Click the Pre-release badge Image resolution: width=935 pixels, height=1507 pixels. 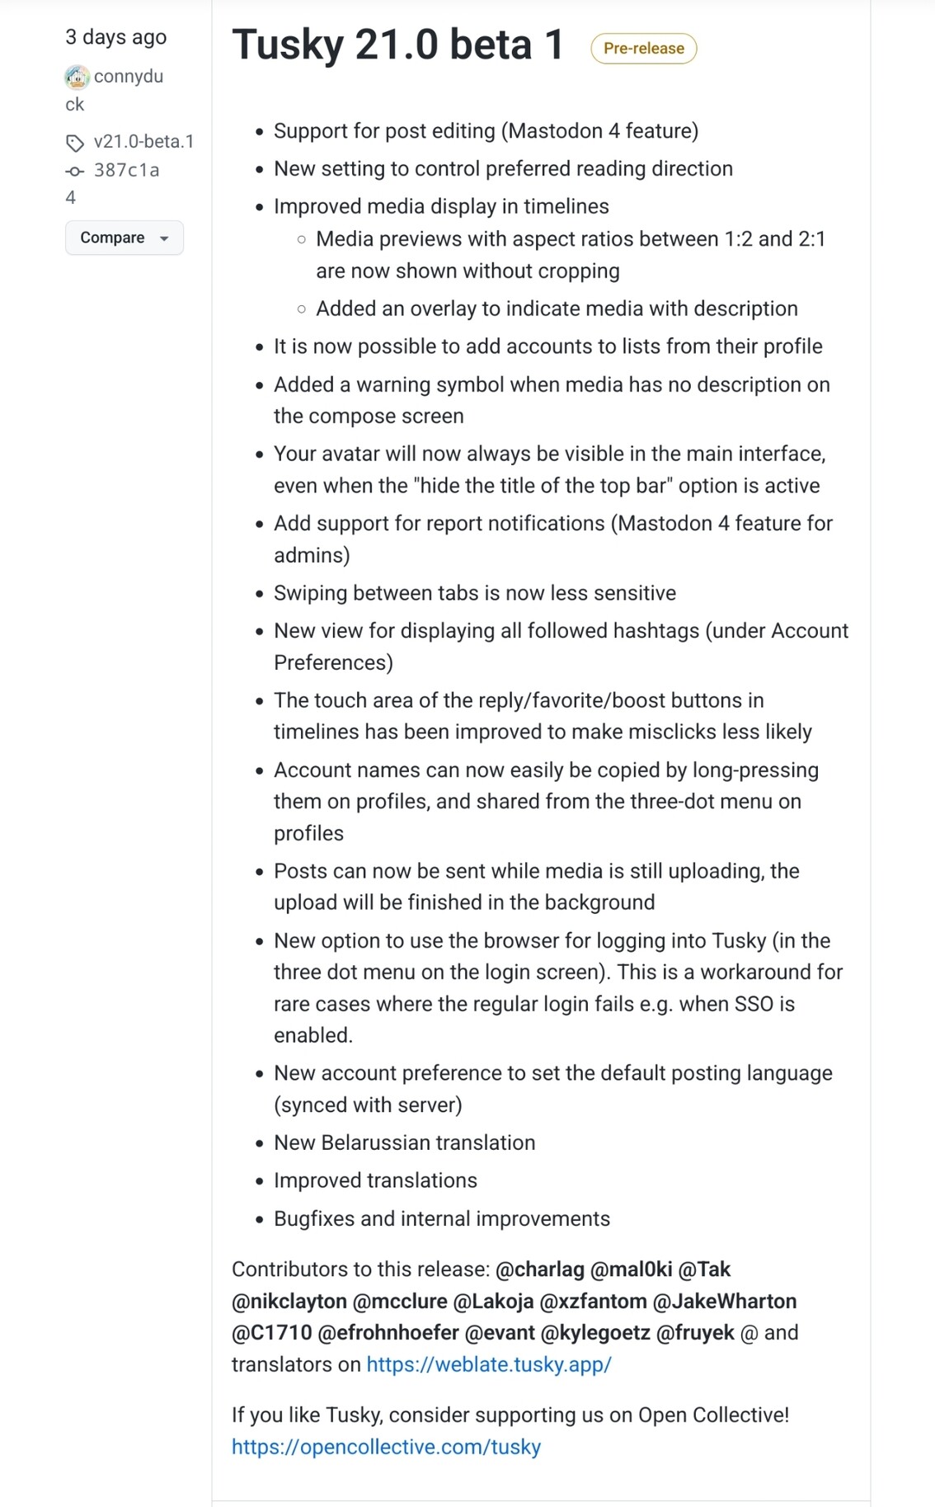pyautogui.click(x=643, y=49)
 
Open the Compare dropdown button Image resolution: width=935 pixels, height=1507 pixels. pyautogui.click(x=124, y=238)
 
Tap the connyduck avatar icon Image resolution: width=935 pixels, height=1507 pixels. pyautogui.click(x=77, y=78)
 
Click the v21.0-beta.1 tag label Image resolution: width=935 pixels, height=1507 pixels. pyautogui.click(x=143, y=142)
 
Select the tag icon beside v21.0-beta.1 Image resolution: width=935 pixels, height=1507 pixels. pyautogui.click(x=75, y=144)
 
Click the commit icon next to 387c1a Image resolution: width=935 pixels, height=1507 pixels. pyautogui.click(x=74, y=172)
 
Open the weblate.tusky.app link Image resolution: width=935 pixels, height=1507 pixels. pyautogui.click(x=488, y=1364)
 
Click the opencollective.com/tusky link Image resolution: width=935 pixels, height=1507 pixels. pyautogui.click(x=386, y=1447)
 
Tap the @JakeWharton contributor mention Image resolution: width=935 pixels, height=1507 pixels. pyautogui.click(x=724, y=1301)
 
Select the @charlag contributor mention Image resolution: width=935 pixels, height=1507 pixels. pyautogui.click(x=539, y=1269)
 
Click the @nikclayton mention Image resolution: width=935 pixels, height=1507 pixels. pyautogui.click(x=289, y=1301)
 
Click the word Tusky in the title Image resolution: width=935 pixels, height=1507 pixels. pyautogui.click(x=287, y=45)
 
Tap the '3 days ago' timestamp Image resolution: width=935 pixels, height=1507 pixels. pyautogui.click(x=115, y=37)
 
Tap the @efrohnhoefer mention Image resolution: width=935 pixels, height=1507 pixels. pyautogui.click(x=388, y=1332)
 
